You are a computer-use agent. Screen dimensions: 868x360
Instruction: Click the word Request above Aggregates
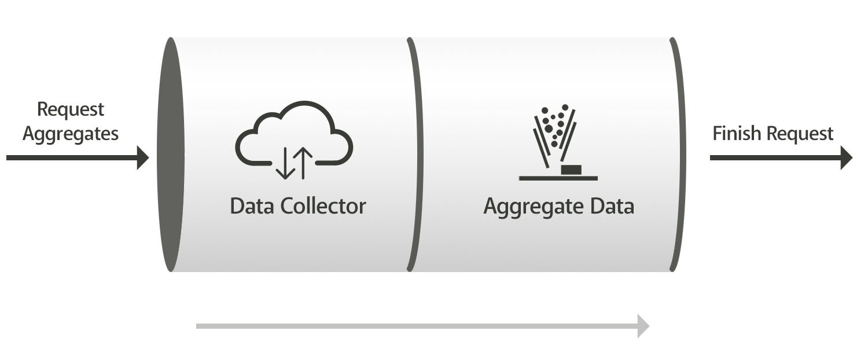(71, 109)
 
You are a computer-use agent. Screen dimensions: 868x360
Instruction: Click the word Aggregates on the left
(71, 134)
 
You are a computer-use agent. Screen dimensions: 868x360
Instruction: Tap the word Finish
(737, 133)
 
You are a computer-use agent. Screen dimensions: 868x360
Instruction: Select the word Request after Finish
(800, 134)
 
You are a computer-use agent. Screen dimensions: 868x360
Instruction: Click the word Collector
(323, 206)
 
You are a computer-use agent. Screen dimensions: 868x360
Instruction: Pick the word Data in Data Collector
(252, 206)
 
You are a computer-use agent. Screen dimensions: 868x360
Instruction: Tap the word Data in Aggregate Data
(612, 206)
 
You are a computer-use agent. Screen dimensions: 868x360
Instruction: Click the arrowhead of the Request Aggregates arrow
(143, 158)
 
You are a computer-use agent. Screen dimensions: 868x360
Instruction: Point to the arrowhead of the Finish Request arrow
(847, 158)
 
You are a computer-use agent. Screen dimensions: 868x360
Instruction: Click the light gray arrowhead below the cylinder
(643, 326)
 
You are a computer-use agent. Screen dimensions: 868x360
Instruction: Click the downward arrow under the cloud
(285, 163)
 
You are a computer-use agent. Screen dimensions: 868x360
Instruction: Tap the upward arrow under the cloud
(303, 163)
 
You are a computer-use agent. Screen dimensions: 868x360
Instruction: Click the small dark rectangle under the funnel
(571, 170)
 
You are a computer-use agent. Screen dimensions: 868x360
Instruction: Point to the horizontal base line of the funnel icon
(558, 178)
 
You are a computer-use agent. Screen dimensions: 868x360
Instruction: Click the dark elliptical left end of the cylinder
(171, 155)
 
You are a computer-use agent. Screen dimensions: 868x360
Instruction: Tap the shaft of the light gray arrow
(417, 326)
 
